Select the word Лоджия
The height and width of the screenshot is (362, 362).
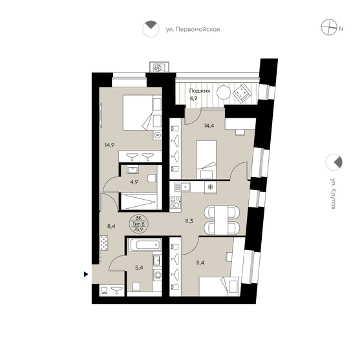(198, 91)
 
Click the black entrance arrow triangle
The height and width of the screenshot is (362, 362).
(87, 275)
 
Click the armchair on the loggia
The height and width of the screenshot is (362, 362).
(241, 93)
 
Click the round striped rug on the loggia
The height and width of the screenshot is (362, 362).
(223, 92)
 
